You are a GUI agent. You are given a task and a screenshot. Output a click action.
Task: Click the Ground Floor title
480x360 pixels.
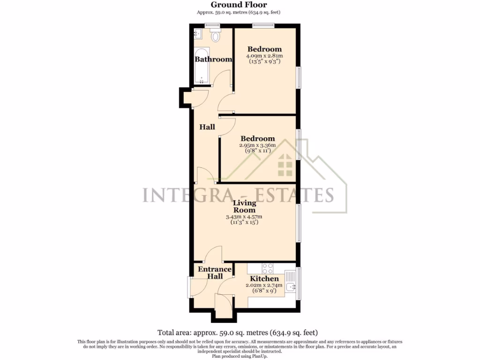pyautogui.click(x=240, y=5)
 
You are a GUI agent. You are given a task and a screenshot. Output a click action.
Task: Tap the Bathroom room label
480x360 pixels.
pyautogui.click(x=213, y=60)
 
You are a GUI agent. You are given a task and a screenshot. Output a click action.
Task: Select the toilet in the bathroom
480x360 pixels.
pyautogui.click(x=216, y=35)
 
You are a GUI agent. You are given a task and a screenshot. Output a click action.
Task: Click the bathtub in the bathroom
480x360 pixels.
pyautogui.click(x=202, y=66)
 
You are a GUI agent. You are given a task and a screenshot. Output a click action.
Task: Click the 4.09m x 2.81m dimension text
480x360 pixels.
pyautogui.click(x=264, y=56)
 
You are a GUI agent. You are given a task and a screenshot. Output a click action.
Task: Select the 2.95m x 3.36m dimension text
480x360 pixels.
pyautogui.click(x=257, y=145)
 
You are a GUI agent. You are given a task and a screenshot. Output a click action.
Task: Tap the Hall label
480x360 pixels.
pyautogui.click(x=207, y=127)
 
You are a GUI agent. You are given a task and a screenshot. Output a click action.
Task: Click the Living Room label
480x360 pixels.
pyautogui.click(x=245, y=206)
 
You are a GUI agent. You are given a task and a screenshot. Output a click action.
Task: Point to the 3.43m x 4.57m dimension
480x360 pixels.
pyautogui.click(x=244, y=217)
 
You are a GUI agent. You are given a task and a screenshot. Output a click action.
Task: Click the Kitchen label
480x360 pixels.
pyautogui.click(x=265, y=278)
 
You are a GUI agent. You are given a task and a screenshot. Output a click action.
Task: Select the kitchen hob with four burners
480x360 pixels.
pyautogui.click(x=268, y=269)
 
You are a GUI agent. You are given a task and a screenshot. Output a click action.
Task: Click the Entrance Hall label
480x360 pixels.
pyautogui.click(x=215, y=273)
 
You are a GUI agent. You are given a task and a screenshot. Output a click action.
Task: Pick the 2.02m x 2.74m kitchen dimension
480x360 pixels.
pyautogui.click(x=264, y=285)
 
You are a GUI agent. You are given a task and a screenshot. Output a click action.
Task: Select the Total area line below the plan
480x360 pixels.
pyautogui.click(x=240, y=332)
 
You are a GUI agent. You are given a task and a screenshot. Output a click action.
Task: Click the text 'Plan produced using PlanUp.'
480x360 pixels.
pyautogui.click(x=240, y=356)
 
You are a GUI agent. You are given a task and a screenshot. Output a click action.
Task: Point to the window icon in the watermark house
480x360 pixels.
pyautogui.click(x=284, y=165)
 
